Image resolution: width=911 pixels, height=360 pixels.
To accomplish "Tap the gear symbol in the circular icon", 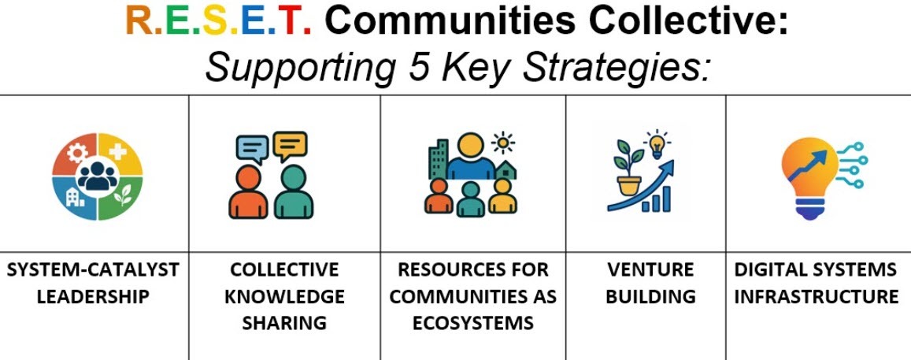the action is pyautogui.click(x=77, y=152).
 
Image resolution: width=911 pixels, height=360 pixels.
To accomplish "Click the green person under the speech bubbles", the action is pyautogui.click(x=294, y=192).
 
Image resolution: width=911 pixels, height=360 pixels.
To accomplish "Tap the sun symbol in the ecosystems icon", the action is pyautogui.click(x=503, y=143).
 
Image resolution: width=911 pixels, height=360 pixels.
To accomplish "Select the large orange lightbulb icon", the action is pyautogui.click(x=809, y=177).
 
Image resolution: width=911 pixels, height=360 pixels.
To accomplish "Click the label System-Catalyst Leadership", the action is pyautogui.click(x=93, y=284).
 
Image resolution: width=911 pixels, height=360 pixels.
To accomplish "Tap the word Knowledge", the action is pyautogui.click(x=284, y=297).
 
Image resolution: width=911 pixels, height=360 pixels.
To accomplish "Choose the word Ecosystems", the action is pyautogui.click(x=473, y=323).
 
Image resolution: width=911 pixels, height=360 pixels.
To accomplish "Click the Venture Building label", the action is pyautogui.click(x=650, y=284).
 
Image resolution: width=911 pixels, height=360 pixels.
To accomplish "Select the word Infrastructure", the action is pyautogui.click(x=817, y=297).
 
